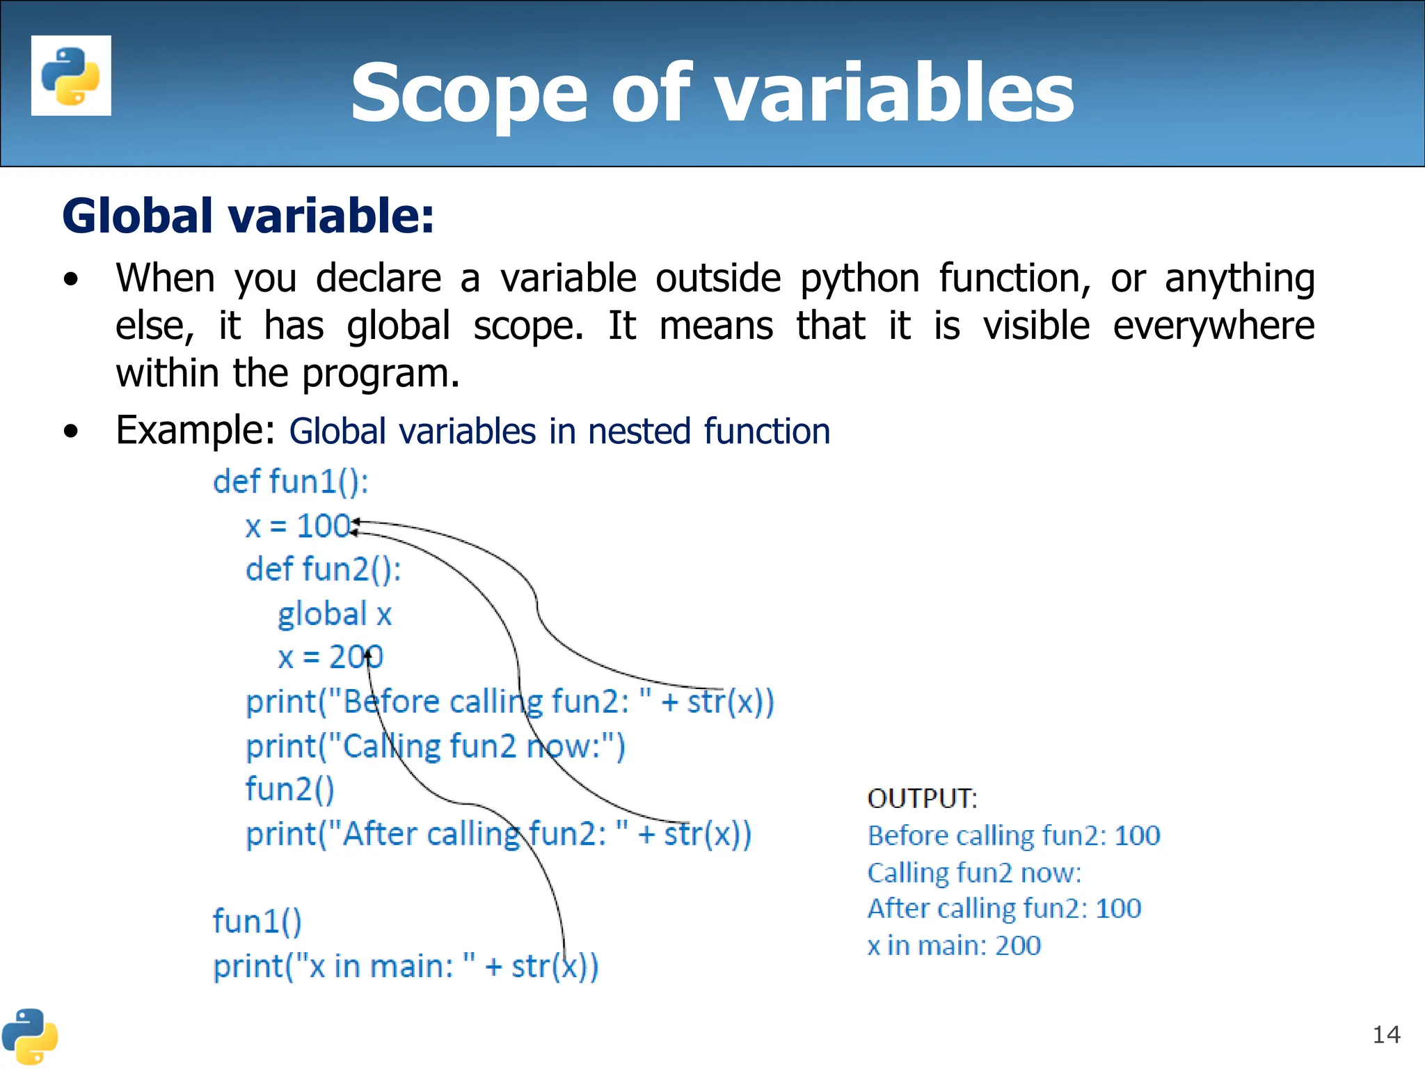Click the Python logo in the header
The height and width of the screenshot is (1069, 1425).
71,75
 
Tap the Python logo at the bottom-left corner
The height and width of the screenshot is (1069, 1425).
29,1036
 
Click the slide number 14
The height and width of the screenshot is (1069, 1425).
1385,1035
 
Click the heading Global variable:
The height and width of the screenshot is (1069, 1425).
248,216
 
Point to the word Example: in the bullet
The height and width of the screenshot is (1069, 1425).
196,430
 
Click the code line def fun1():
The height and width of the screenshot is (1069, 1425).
290,482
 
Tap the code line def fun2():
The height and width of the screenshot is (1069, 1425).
323,569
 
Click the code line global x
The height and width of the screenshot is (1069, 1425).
335,614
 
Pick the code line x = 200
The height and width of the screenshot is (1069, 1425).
330,657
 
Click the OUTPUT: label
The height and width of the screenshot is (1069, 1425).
922,798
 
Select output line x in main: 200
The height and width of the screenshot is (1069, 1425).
953,946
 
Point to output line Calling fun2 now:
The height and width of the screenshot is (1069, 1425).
974,873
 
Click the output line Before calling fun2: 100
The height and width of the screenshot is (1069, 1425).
1013,835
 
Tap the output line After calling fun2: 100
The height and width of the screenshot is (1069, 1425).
1003,909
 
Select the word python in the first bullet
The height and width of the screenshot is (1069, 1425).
859,278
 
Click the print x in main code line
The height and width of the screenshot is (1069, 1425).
405,967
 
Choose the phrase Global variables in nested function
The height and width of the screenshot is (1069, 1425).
559,431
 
